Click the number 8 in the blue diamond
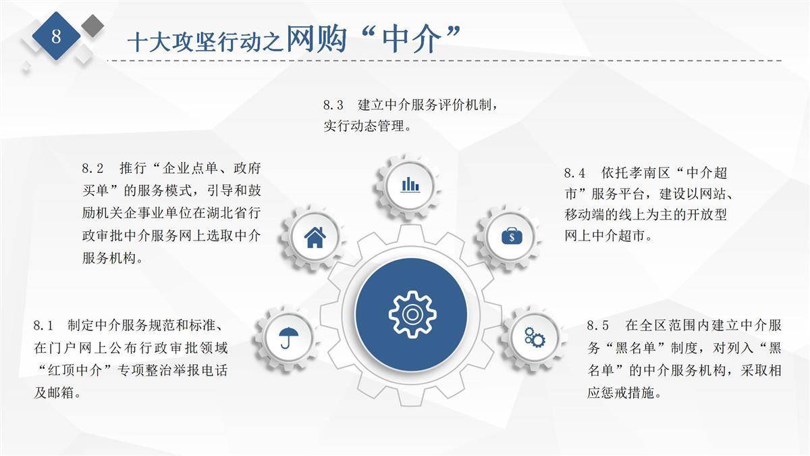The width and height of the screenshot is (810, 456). [x=56, y=36]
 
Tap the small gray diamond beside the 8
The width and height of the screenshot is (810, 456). [x=92, y=26]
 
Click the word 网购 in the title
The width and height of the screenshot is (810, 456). [x=316, y=39]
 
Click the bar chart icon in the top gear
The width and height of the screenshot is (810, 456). [x=410, y=184]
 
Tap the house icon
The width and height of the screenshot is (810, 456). [x=315, y=237]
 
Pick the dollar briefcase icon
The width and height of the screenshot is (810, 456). [x=512, y=236]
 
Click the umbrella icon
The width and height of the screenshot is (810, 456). [x=289, y=338]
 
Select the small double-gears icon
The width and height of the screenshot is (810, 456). [x=535, y=338]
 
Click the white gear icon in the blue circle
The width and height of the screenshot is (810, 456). [x=412, y=315]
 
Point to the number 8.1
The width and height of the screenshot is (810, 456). [x=43, y=326]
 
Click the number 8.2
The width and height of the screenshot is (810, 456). [x=92, y=168]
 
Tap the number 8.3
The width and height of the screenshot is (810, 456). [x=333, y=105]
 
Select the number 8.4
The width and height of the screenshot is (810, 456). [x=574, y=173]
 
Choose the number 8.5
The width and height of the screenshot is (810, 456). [x=597, y=326]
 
